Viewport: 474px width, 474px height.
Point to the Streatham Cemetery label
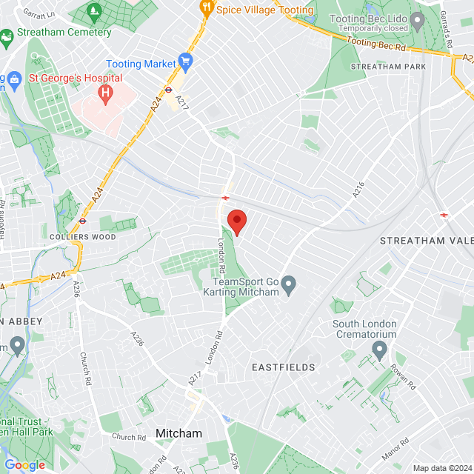coord(64,33)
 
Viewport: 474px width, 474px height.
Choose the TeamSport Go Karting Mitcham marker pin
coord(289,284)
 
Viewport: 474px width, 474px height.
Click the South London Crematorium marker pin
coord(380,351)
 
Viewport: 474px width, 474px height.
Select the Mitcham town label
coord(178,433)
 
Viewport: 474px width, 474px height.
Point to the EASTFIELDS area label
coord(284,367)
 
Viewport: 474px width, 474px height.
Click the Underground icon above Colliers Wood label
coord(82,221)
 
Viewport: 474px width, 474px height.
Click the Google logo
coord(24,464)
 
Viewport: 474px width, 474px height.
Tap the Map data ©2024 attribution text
coord(441,468)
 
